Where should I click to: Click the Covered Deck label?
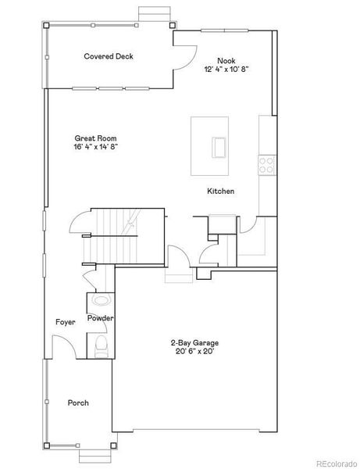tap(109, 56)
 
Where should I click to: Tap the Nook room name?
tap(226, 60)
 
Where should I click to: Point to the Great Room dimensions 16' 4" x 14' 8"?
tap(96, 146)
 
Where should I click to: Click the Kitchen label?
tap(220, 192)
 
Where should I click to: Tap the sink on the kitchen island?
tap(217, 146)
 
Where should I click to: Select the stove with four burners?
tap(267, 164)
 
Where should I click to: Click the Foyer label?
tap(65, 322)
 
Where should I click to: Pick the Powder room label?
tap(101, 318)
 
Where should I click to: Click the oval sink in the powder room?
tap(101, 300)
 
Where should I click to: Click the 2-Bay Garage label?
tap(194, 342)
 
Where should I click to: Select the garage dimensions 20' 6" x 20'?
tap(194, 352)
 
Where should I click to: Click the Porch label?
tap(77, 403)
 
